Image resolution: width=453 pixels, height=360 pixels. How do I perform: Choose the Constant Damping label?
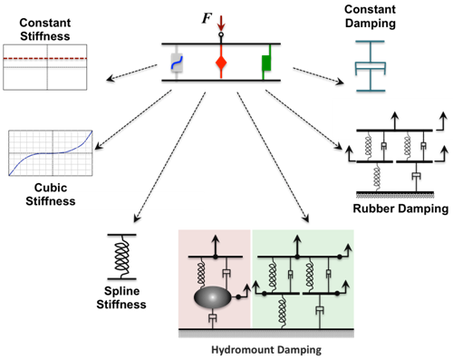pyautogui.click(x=381, y=18)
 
